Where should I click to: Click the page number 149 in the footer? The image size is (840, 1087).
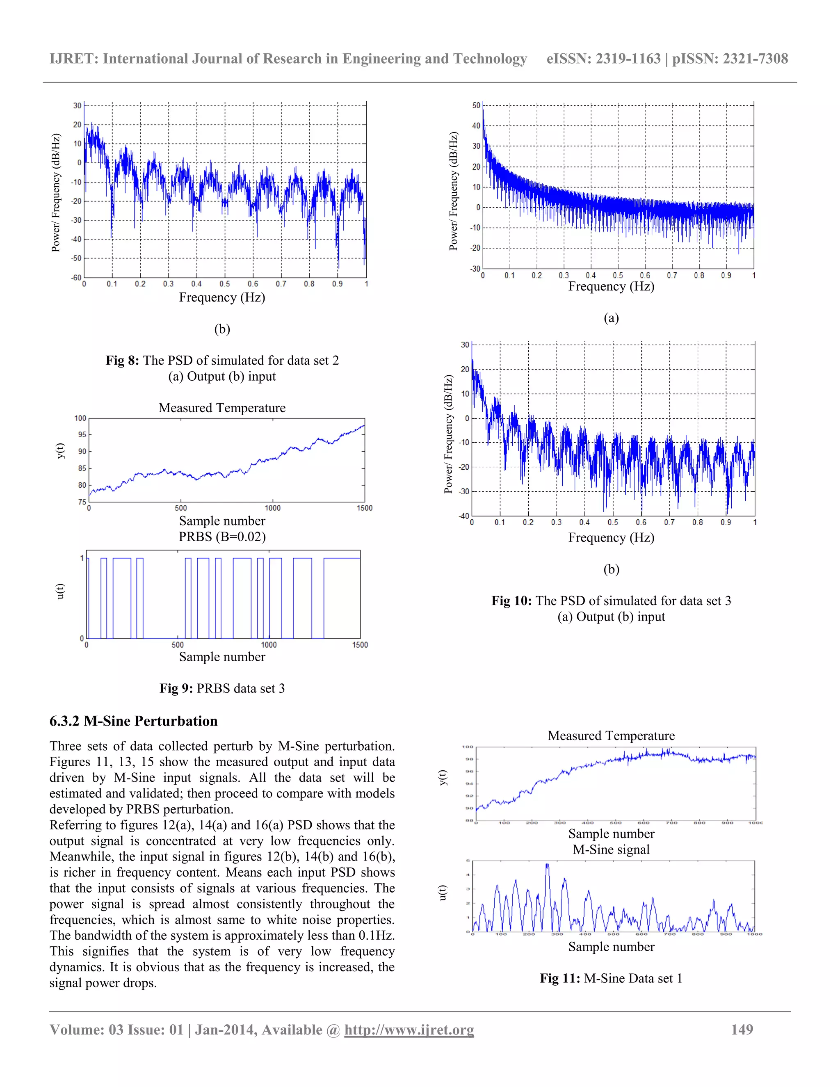pos(742,1029)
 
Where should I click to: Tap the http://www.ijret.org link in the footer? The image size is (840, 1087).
pos(409,1029)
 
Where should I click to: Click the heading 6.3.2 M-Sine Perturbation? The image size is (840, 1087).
pos(133,721)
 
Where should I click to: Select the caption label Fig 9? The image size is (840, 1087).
pos(176,688)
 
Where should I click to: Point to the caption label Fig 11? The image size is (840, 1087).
pos(560,978)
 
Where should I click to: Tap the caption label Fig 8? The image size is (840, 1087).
pos(122,360)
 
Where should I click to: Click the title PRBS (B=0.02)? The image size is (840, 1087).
pos(222,537)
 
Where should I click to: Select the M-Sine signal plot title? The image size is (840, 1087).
pos(611,849)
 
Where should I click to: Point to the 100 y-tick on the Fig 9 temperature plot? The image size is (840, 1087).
pos(80,418)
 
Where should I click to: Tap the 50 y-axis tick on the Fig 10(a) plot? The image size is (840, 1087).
pos(476,105)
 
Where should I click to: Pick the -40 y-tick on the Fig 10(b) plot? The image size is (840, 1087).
pos(464,516)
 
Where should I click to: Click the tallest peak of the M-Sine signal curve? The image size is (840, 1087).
pos(548,865)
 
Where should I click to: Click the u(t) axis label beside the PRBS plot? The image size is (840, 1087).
pos(60,591)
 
